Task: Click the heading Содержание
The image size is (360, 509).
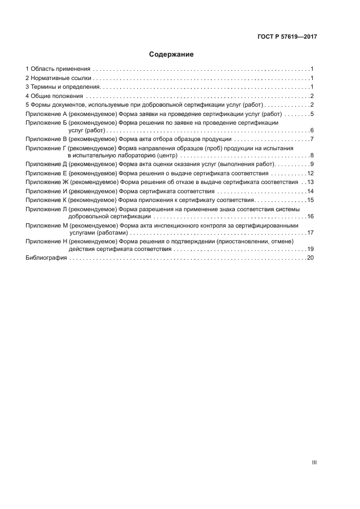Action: (x=171, y=54)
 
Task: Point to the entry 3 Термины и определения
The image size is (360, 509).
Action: (x=63, y=87)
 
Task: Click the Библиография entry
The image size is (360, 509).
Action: (x=46, y=257)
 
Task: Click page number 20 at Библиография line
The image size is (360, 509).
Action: (x=310, y=257)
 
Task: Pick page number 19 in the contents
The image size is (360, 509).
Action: (x=310, y=249)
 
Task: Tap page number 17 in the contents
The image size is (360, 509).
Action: (x=310, y=232)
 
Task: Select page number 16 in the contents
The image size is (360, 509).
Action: (x=310, y=216)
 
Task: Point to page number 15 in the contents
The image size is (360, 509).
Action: (x=310, y=200)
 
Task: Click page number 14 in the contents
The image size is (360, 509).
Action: (x=310, y=191)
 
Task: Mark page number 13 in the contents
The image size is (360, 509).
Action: (x=310, y=182)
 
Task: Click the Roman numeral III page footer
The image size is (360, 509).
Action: (x=314, y=462)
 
